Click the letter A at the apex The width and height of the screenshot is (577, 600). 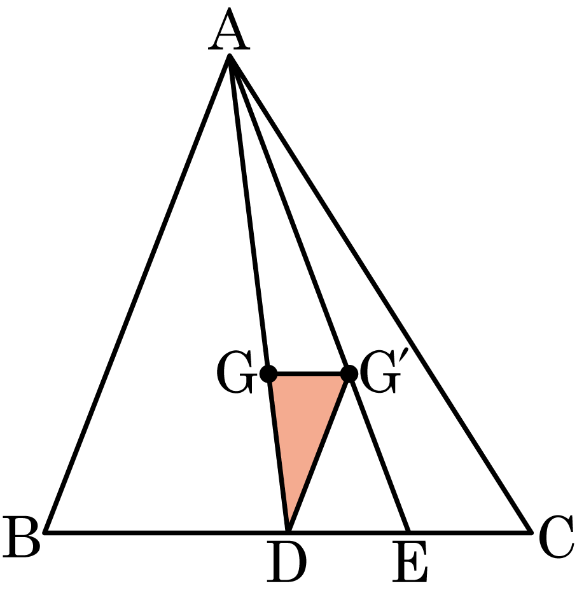pyautogui.click(x=229, y=29)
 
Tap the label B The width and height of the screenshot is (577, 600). pyautogui.click(x=22, y=537)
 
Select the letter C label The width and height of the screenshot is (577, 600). pyautogui.click(x=556, y=537)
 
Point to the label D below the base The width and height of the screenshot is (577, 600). pyautogui.click(x=287, y=562)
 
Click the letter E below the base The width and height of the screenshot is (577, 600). pyautogui.click(x=410, y=562)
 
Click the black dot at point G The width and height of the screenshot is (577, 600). pyautogui.click(x=268, y=374)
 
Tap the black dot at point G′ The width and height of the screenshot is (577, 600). pyautogui.click(x=349, y=374)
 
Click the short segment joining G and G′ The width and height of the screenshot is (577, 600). pyautogui.click(x=309, y=374)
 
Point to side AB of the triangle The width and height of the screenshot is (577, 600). pyautogui.click(x=137, y=294)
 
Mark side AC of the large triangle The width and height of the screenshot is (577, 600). pyautogui.click(x=380, y=294)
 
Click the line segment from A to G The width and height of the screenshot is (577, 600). pyautogui.click(x=249, y=215)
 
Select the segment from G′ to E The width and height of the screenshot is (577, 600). pyautogui.click(x=379, y=453)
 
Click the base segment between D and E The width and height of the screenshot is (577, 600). pyautogui.click(x=349, y=531)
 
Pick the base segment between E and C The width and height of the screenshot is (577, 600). pyautogui.click(x=470, y=531)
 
